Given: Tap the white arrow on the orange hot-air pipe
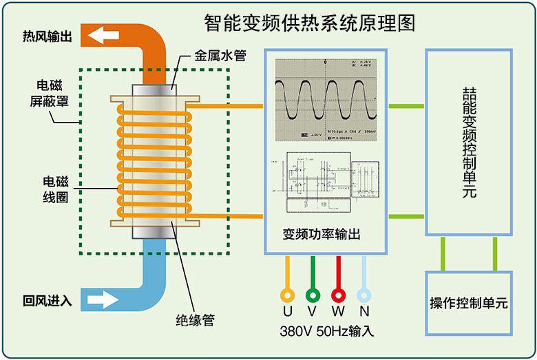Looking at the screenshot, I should click(101, 35).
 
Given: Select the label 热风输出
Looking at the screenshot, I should click(48, 36).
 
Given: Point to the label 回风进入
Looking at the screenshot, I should click(48, 300).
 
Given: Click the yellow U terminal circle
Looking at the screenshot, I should click(287, 295).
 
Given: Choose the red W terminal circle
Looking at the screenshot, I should click(338, 295).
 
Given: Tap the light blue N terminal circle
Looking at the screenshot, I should click(364, 295).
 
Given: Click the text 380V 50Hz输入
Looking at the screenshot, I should click(326, 330).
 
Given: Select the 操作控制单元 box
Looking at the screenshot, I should click(468, 302).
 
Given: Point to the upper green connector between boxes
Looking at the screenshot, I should click(406, 106).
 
